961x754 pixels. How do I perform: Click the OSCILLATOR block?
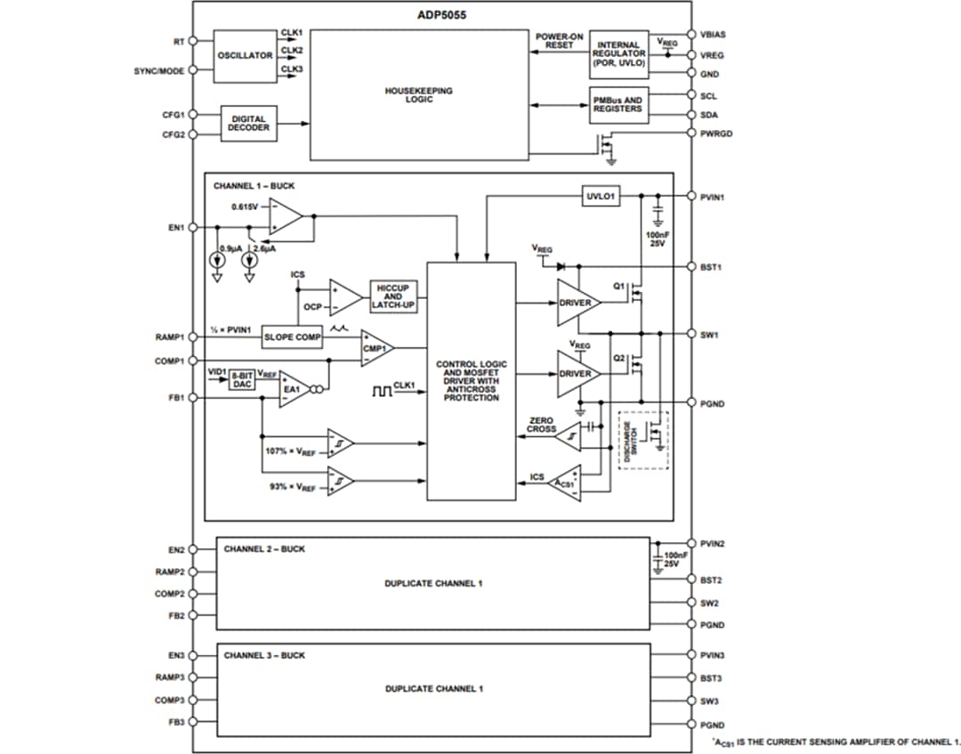(x=245, y=56)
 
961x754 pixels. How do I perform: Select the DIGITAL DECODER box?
(x=249, y=124)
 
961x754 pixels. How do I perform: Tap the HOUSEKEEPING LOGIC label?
(x=418, y=94)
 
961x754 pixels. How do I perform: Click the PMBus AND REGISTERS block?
(x=617, y=104)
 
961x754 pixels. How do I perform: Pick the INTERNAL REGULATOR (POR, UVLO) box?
(x=619, y=53)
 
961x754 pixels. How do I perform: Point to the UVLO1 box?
(x=602, y=195)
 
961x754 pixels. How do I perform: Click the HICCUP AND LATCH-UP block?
(x=393, y=296)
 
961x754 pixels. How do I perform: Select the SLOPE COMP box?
(x=293, y=337)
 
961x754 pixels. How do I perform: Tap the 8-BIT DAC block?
(x=241, y=380)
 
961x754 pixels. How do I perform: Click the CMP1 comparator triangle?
(x=375, y=348)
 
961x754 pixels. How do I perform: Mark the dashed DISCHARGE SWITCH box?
(x=642, y=440)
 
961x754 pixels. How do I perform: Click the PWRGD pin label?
(x=716, y=134)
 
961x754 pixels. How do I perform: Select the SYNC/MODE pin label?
(x=159, y=71)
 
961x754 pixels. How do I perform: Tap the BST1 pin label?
(x=711, y=266)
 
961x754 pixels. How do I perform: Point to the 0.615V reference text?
(x=244, y=207)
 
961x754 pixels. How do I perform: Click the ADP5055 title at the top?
(x=442, y=15)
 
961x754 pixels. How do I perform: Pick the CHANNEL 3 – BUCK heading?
(x=264, y=655)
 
